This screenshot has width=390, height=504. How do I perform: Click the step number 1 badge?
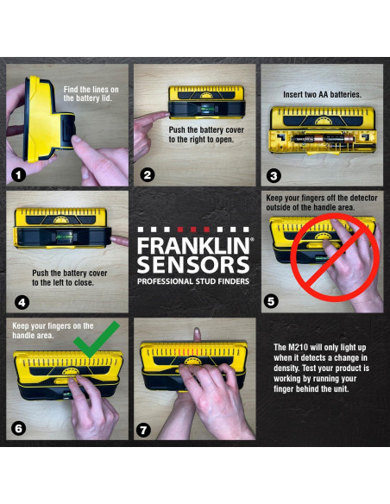click(19, 175)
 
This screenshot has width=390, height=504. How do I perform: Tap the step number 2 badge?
click(148, 175)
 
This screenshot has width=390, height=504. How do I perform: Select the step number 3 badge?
click(274, 176)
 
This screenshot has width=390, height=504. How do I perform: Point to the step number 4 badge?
click(22, 302)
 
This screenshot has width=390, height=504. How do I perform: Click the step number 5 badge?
click(271, 301)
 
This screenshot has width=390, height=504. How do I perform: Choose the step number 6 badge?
click(18, 428)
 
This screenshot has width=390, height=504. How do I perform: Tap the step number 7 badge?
click(143, 430)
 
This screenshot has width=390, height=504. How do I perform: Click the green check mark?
click(96, 339)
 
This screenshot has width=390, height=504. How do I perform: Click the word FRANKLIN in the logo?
click(193, 246)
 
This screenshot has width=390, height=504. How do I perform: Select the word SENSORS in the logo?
click(193, 265)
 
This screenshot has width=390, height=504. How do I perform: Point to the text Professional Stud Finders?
click(193, 281)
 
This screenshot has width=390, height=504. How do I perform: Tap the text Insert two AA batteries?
click(322, 95)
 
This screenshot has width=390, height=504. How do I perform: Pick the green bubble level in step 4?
click(60, 236)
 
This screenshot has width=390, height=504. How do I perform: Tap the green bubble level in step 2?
click(205, 109)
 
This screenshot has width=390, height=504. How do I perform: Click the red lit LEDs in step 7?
click(188, 352)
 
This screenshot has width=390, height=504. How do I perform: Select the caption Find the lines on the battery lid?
click(91, 94)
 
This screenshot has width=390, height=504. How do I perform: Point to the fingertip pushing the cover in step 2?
click(165, 114)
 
